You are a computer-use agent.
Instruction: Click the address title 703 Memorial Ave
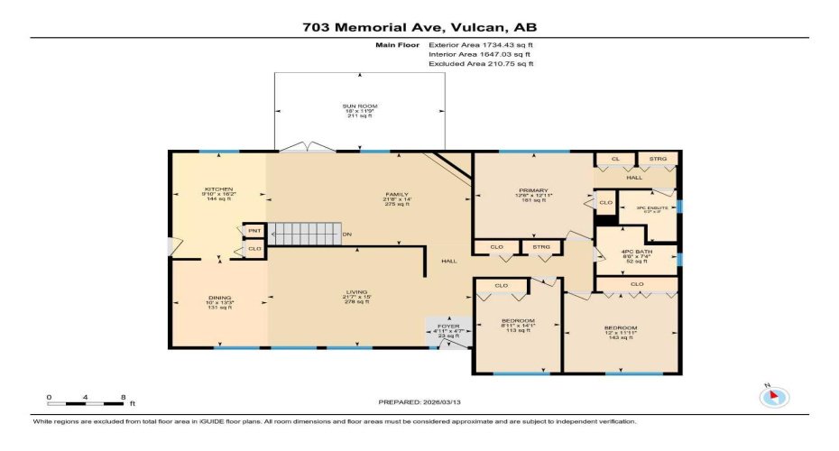(x=419, y=27)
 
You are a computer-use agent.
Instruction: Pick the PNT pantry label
(x=254, y=230)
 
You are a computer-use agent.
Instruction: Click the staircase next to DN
(x=307, y=233)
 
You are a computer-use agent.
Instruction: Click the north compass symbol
(x=775, y=396)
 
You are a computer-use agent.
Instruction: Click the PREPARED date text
(x=418, y=403)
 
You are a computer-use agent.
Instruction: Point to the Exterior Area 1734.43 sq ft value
(x=481, y=43)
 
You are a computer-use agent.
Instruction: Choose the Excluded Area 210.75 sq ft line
(x=481, y=64)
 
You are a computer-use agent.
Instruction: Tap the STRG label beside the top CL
(x=658, y=160)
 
